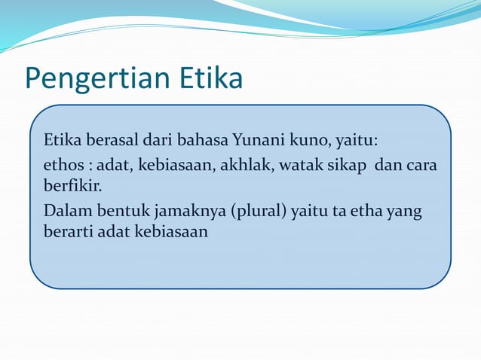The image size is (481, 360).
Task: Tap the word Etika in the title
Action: pos(210,78)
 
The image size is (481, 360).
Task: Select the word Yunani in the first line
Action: pos(255,141)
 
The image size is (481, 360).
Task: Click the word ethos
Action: pos(62,165)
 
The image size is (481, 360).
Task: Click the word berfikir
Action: pos(72,185)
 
